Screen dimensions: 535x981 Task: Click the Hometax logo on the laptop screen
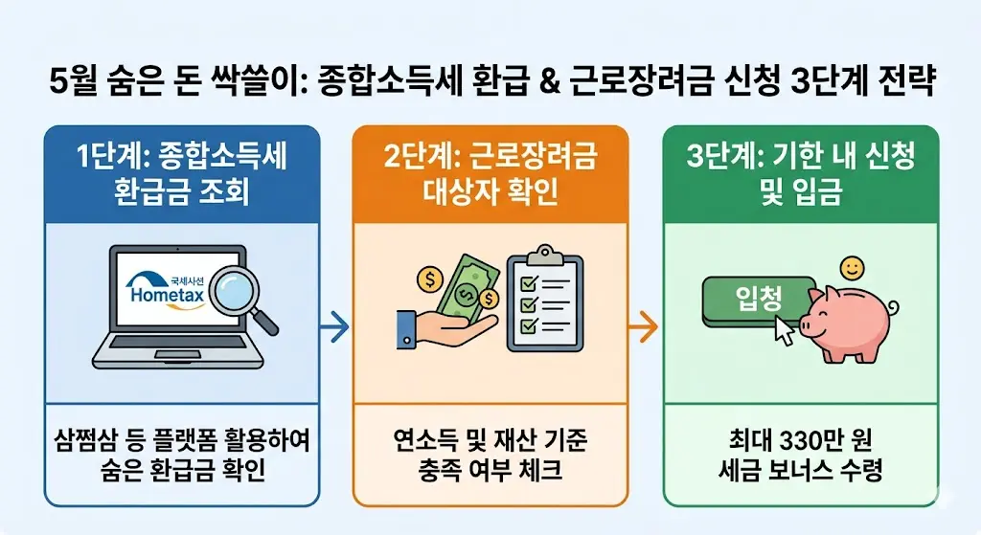(x=173, y=288)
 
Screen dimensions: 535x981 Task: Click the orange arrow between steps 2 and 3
(x=644, y=327)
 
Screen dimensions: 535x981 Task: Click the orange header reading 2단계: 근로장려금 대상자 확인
(x=490, y=172)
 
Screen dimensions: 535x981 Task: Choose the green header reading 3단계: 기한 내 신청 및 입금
(x=801, y=172)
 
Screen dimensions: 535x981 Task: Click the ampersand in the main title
(x=543, y=78)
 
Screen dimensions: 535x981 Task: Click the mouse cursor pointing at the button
(x=784, y=330)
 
